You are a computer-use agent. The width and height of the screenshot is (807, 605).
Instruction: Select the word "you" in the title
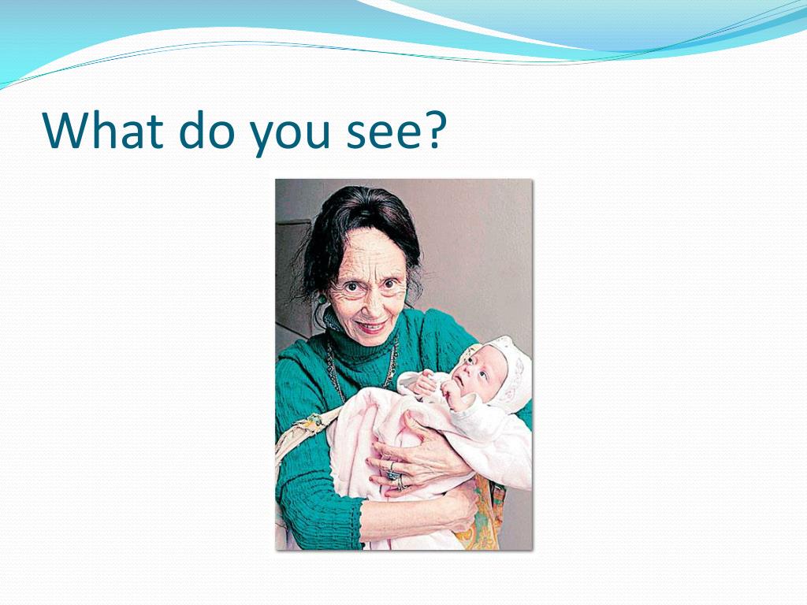pyautogui.click(x=290, y=135)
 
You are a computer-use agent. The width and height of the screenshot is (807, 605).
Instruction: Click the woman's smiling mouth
pyautogui.click(x=370, y=326)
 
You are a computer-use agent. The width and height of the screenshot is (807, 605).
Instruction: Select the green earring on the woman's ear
pyautogui.click(x=322, y=299)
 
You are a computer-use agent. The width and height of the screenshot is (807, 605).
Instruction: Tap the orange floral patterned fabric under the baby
pyautogui.click(x=486, y=514)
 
